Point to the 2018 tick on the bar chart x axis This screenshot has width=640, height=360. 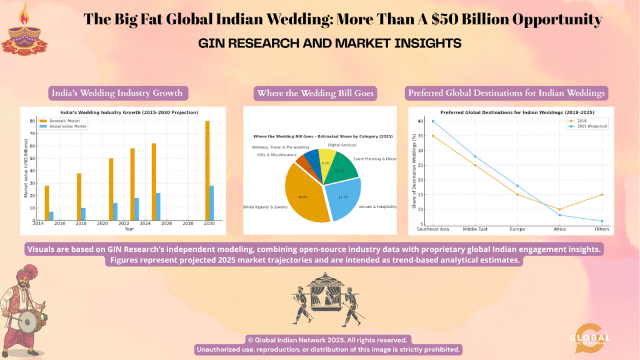coord(81,223)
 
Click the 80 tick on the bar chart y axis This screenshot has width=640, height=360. coord(32,121)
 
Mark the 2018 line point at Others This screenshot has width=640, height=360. coord(602,194)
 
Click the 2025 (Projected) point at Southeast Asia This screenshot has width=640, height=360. coord(432,121)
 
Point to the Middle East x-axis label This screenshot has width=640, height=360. coord(475,229)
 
